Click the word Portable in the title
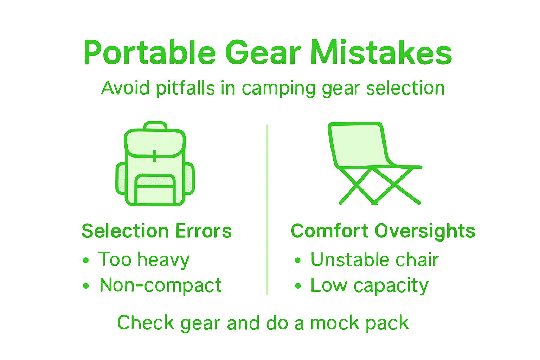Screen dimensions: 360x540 tap(149, 53)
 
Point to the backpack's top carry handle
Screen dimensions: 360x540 tap(155, 126)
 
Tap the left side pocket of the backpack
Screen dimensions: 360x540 tap(121, 178)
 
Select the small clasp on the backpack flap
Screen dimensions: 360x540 tap(155, 156)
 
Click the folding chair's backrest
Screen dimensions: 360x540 tap(359, 144)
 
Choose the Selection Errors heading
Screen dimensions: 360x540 tap(156, 231)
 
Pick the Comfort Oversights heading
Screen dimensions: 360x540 tap(383, 231)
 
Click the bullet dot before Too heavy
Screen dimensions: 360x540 tap(86, 261)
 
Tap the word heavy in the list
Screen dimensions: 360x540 tap(163, 260)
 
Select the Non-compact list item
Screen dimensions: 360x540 tap(161, 285)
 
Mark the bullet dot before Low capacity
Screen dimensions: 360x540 tap(298, 286)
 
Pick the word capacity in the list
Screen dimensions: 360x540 tap(391, 286)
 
